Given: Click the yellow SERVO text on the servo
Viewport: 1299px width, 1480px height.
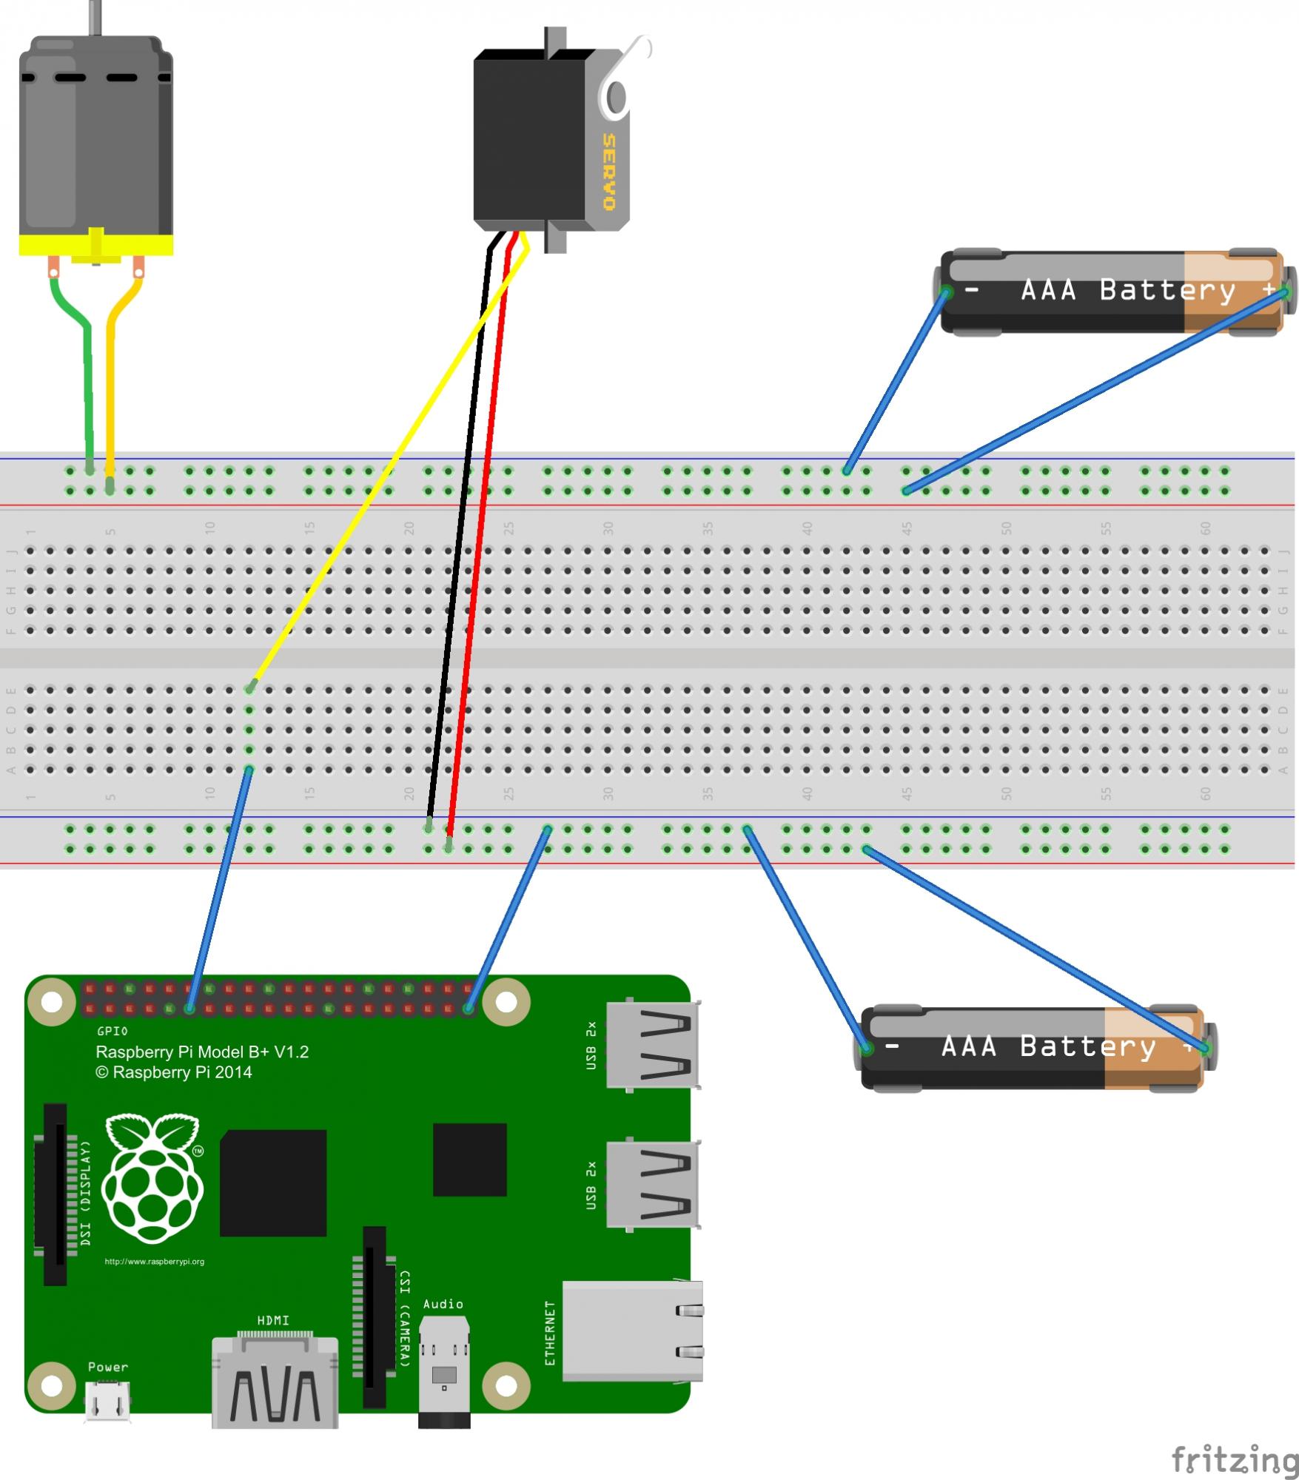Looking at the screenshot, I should click(609, 172).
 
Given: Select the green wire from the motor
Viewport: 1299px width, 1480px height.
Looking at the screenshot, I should click(87, 370).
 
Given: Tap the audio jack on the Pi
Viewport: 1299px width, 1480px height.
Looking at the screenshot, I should click(444, 1369).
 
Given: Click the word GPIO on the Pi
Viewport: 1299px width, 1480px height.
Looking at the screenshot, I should click(113, 1031).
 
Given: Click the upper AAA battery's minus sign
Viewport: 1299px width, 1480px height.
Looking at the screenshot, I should click(973, 291).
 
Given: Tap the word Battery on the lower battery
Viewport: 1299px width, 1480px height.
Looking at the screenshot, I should click(1087, 1046).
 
